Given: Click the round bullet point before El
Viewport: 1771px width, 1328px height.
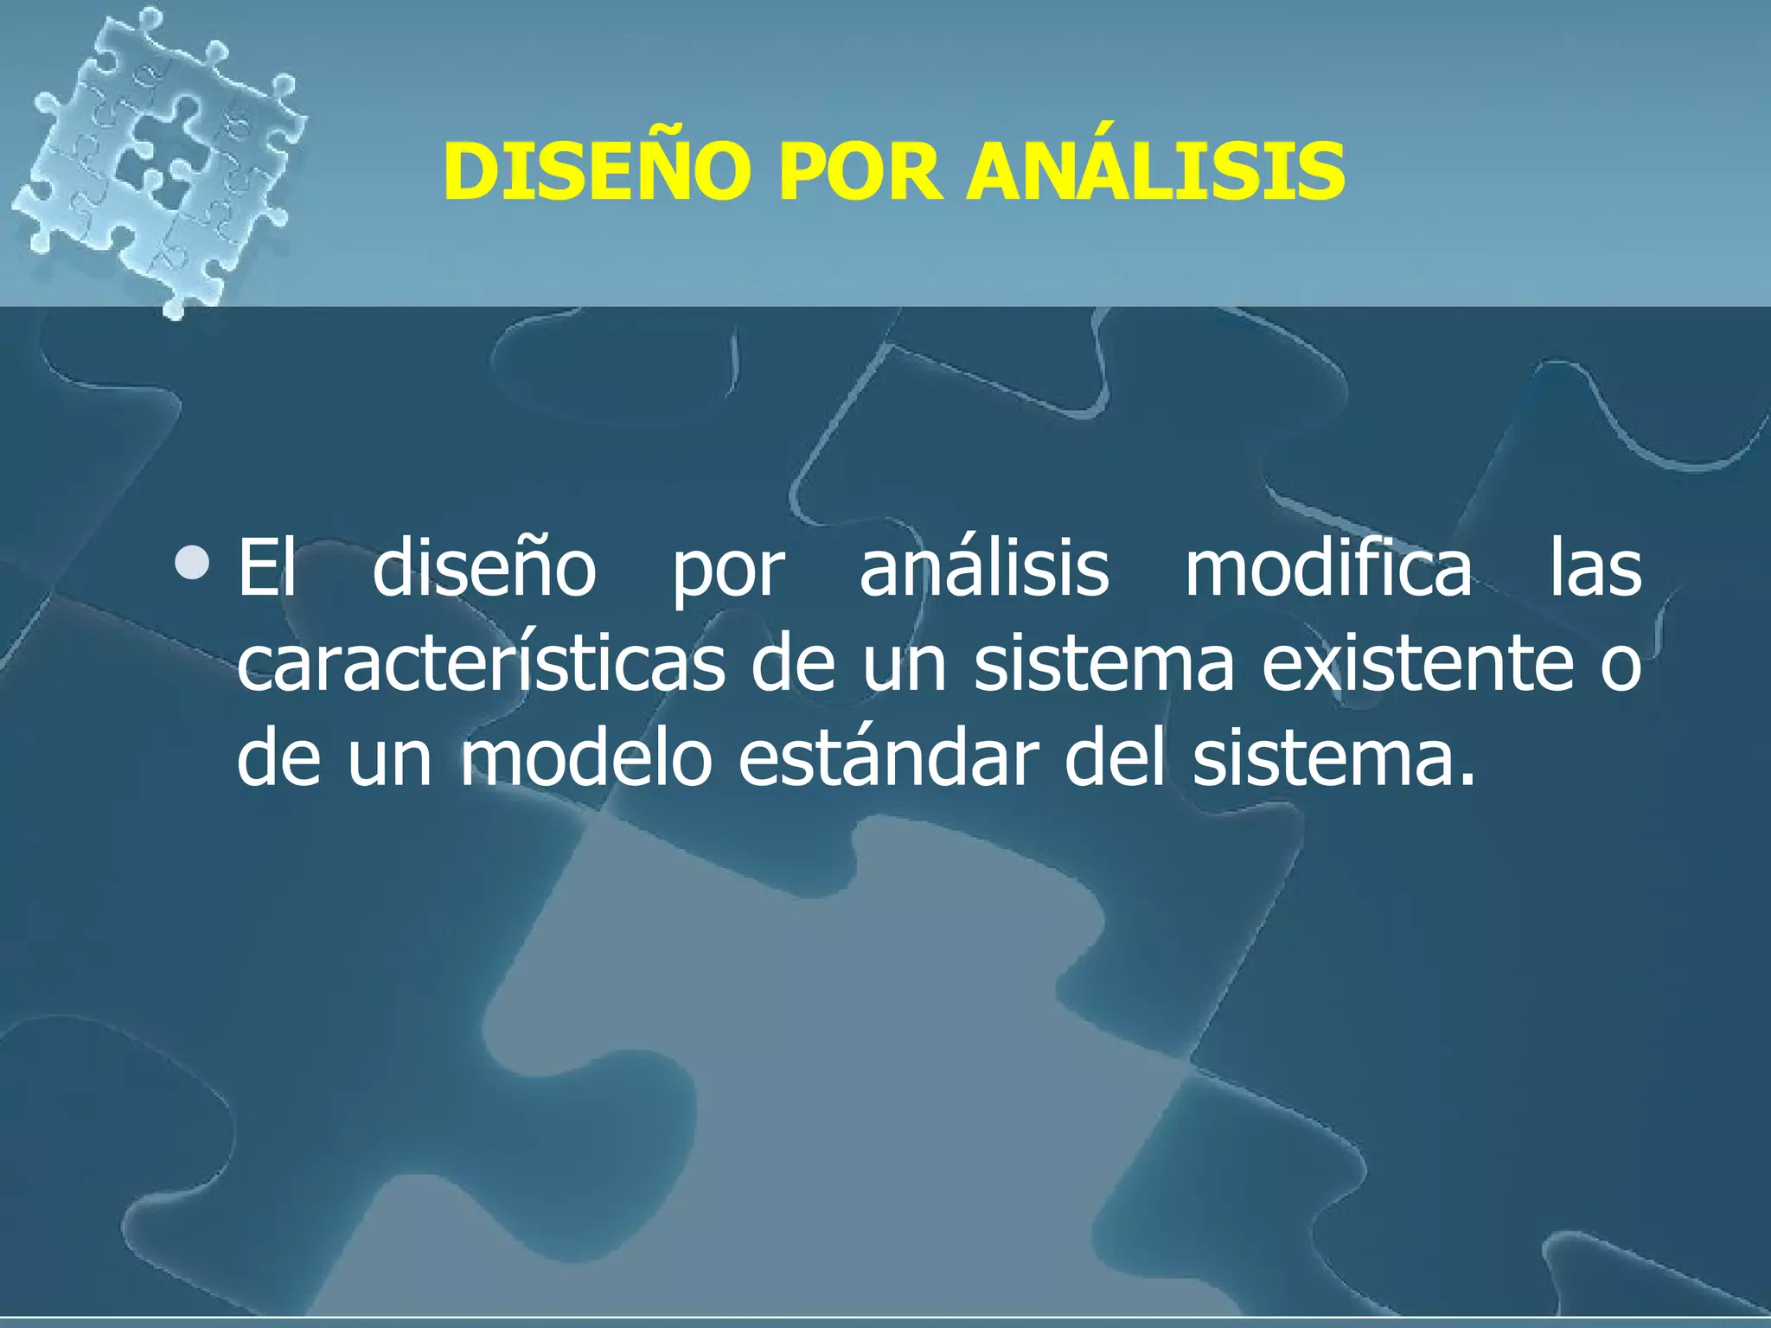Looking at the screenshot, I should (x=191, y=563).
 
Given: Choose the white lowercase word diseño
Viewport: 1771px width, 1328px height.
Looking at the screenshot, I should (x=484, y=568).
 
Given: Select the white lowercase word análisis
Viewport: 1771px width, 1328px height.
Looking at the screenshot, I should (x=983, y=568).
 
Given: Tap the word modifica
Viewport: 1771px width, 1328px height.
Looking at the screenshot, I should (x=1328, y=568).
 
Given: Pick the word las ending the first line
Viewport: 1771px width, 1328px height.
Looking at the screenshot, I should (x=1595, y=568).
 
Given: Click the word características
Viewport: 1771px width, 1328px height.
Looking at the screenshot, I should (x=481, y=663).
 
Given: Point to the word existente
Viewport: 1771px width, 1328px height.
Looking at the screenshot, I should (x=1417, y=663).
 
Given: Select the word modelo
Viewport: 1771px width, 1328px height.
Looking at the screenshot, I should (x=585, y=758).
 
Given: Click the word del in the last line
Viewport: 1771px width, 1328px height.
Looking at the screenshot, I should (x=1115, y=758).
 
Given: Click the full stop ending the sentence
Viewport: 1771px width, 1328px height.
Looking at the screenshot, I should (x=1465, y=781).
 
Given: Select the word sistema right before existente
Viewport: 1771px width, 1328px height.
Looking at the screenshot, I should (x=1103, y=663).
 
